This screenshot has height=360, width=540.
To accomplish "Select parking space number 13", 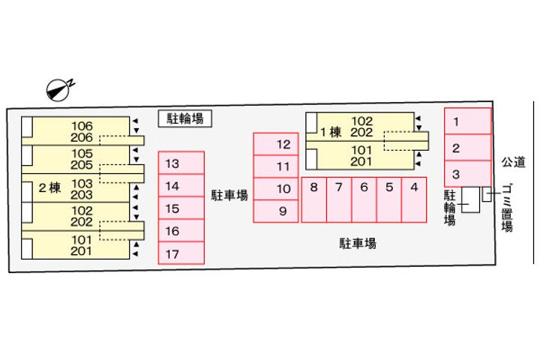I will pyautogui.click(x=181, y=163).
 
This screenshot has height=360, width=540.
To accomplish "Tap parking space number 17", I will pyautogui.click(x=181, y=253).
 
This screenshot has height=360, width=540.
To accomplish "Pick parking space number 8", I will pyautogui.click(x=314, y=199).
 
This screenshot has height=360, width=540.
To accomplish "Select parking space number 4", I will pyautogui.click(x=414, y=199).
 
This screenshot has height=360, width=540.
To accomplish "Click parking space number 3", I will pyautogui.click(x=468, y=173).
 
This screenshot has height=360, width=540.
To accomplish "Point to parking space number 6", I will pyautogui.click(x=364, y=199).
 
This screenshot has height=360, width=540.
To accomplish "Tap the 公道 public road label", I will pyautogui.click(x=514, y=160).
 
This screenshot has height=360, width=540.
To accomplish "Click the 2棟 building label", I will pyautogui.click(x=49, y=188).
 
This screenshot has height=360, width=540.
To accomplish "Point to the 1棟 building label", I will pyautogui.click(x=331, y=133).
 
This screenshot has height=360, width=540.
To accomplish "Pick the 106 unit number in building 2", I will pyautogui.click(x=82, y=125).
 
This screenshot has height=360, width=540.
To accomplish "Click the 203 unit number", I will pyautogui.click(x=82, y=194).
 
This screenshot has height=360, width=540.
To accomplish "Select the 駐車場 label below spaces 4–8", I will pyautogui.click(x=357, y=243).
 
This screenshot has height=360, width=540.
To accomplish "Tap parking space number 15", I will pyautogui.click(x=181, y=208).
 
